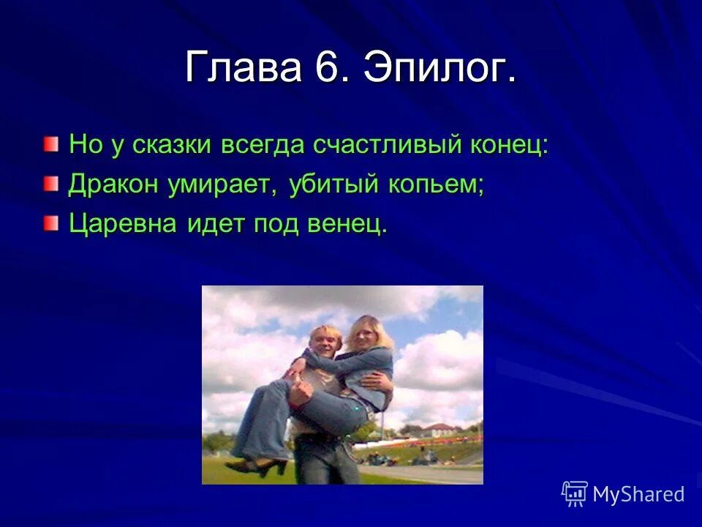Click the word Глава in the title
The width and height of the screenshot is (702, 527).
click(x=244, y=68)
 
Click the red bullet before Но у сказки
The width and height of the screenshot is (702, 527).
click(x=49, y=143)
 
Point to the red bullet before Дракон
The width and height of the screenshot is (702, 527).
click(x=49, y=184)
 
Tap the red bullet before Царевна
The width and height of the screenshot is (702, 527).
click(x=49, y=223)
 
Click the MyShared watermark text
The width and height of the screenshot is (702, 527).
click(x=638, y=494)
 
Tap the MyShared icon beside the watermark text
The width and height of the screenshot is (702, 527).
click(x=575, y=494)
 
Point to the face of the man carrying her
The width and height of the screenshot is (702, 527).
click(x=323, y=342)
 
